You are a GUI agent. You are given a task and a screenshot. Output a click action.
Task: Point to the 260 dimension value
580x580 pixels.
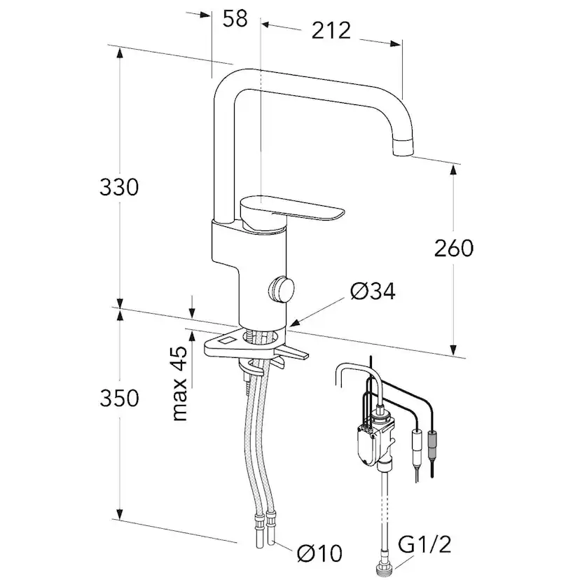coord(453,247)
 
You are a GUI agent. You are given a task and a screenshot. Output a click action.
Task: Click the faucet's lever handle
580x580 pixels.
coord(294,211)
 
